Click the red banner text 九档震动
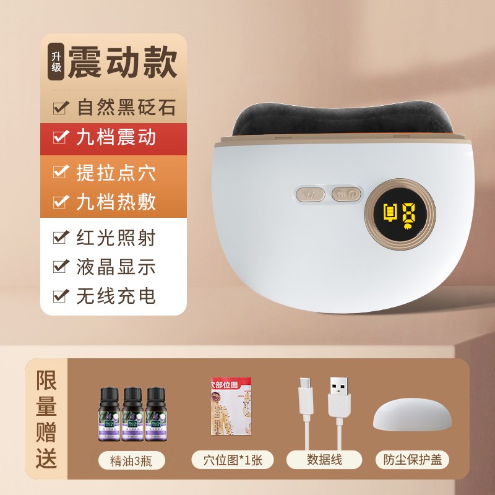point(116,137)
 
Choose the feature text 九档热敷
point(116,202)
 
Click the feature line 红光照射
point(116,238)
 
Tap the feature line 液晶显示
point(116,267)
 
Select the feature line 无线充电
point(116,296)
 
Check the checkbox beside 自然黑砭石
point(61,108)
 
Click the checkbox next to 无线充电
point(61,296)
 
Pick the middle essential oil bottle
point(132,415)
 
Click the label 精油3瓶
point(132,460)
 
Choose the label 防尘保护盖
point(412,460)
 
